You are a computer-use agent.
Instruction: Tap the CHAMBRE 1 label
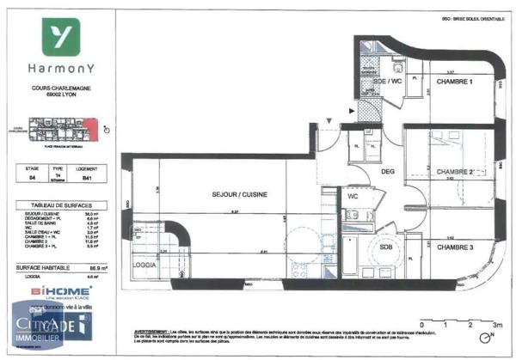click(456, 81)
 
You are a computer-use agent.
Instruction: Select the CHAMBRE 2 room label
click(455, 172)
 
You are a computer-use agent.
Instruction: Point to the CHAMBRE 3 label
click(456, 247)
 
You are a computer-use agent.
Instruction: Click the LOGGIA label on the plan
click(144, 265)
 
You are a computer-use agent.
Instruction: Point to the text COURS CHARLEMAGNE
click(61, 87)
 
